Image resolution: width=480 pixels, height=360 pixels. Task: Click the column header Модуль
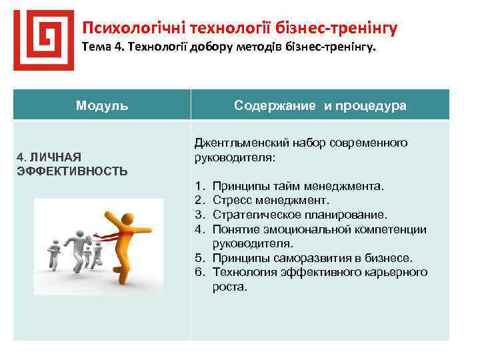(102, 105)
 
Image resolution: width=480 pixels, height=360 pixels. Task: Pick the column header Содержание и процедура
(320, 105)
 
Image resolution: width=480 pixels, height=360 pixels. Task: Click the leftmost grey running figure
(52, 254)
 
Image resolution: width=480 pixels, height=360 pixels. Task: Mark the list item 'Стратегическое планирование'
(300, 215)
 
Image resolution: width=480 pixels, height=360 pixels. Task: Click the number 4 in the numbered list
(198, 229)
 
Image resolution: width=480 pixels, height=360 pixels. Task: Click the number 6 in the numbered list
(198, 273)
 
